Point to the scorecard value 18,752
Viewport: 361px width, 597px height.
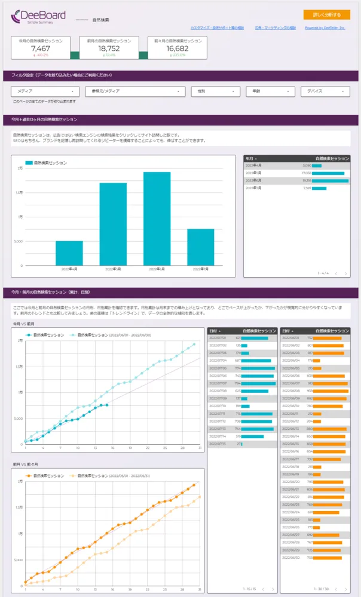(x=109, y=49)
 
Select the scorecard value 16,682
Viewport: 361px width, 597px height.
(x=177, y=49)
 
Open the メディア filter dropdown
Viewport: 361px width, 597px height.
(x=45, y=91)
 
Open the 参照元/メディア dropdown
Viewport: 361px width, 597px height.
(x=135, y=91)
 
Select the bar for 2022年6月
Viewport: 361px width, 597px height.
(x=157, y=219)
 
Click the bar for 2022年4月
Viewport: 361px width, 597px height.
(x=69, y=253)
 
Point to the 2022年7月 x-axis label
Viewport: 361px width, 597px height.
(x=200, y=269)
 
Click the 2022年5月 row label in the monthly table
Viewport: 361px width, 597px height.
(x=253, y=173)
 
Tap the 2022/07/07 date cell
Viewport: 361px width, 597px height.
(x=218, y=383)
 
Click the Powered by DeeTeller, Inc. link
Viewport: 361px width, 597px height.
(x=325, y=27)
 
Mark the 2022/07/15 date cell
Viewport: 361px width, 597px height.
(x=218, y=444)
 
